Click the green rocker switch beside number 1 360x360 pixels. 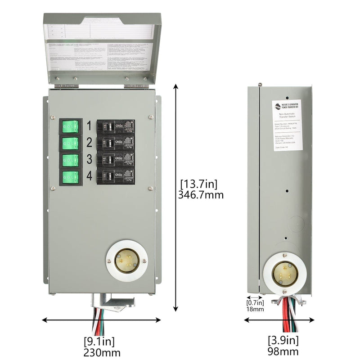(71, 126)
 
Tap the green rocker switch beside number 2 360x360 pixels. (71, 144)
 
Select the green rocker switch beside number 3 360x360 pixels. (71, 160)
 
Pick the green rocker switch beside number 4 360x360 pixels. (71, 176)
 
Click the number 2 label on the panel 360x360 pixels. (89, 143)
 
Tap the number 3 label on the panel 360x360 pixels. (89, 160)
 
